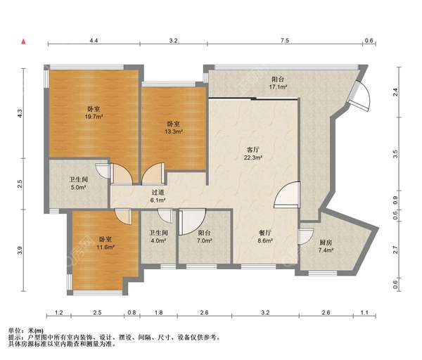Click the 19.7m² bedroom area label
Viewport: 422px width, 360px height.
[94, 112]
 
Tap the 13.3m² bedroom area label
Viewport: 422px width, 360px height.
[174, 128]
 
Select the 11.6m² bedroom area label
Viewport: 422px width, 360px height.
[105, 243]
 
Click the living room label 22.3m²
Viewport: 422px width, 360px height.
[253, 153]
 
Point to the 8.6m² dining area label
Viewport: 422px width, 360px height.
[265, 236]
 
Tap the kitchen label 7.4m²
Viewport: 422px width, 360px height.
[326, 246]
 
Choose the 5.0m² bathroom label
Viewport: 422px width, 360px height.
[78, 184]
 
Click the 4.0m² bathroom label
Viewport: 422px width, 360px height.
[158, 236]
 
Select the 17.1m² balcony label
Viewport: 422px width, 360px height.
[278, 83]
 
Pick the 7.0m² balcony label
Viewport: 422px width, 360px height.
[204, 236]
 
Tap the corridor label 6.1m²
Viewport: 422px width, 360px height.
[158, 196]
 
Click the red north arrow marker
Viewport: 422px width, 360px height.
[24, 41]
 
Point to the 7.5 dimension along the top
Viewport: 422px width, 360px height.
[285, 41]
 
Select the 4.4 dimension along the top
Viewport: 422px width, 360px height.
[94, 41]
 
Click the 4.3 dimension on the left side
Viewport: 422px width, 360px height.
[20, 113]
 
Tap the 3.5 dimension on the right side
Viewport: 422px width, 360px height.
[395, 154]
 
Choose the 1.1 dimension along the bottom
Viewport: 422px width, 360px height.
[364, 313]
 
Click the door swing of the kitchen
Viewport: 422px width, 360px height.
[306, 236]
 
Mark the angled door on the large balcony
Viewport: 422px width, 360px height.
[359, 96]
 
